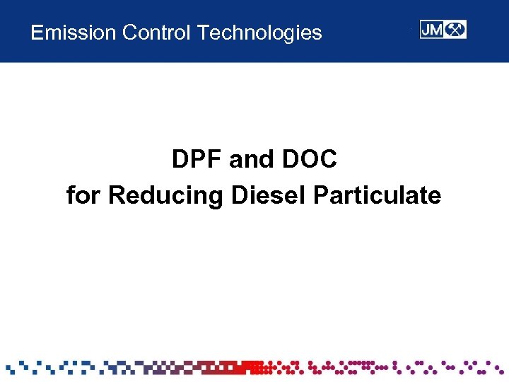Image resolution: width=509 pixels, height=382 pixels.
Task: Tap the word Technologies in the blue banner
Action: click(x=259, y=33)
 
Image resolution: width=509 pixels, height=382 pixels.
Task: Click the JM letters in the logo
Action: click(x=433, y=30)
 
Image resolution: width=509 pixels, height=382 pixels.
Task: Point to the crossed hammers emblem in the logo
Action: click(x=456, y=30)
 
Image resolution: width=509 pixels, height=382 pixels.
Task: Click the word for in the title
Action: click(x=83, y=195)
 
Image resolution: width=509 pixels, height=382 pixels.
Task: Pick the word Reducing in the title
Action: click(x=167, y=196)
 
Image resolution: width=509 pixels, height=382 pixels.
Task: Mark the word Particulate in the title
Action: click(x=377, y=195)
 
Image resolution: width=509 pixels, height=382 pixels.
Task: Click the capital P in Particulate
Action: click(x=320, y=195)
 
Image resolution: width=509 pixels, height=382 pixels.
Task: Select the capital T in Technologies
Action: click(x=204, y=33)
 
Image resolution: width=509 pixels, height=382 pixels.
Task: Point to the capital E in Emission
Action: click(x=37, y=33)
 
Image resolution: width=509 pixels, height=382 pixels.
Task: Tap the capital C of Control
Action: click(x=129, y=33)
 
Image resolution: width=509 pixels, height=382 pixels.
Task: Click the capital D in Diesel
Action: click(x=240, y=195)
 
